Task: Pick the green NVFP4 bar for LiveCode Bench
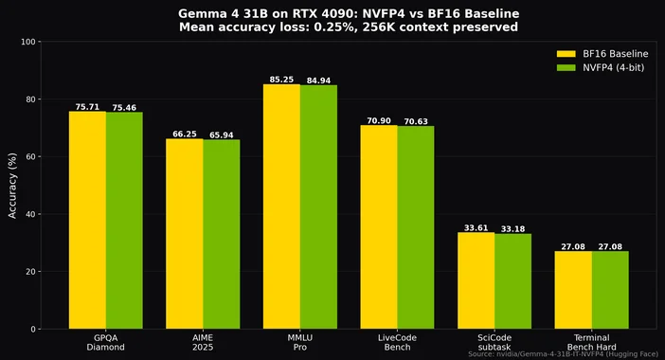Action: [x=415, y=227]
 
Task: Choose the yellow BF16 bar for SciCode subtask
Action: [x=476, y=280]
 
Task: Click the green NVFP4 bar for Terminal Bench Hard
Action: [x=609, y=290]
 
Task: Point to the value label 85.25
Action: [x=281, y=80]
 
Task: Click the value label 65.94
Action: [x=221, y=135]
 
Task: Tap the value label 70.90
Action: [x=379, y=121]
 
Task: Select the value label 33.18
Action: [x=512, y=228]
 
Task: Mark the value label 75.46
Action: [x=124, y=107]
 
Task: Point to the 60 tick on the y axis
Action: [x=31, y=157]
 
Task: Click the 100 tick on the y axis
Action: [x=28, y=43]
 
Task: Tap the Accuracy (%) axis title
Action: [x=12, y=186]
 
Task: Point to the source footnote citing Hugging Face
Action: [x=563, y=353]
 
